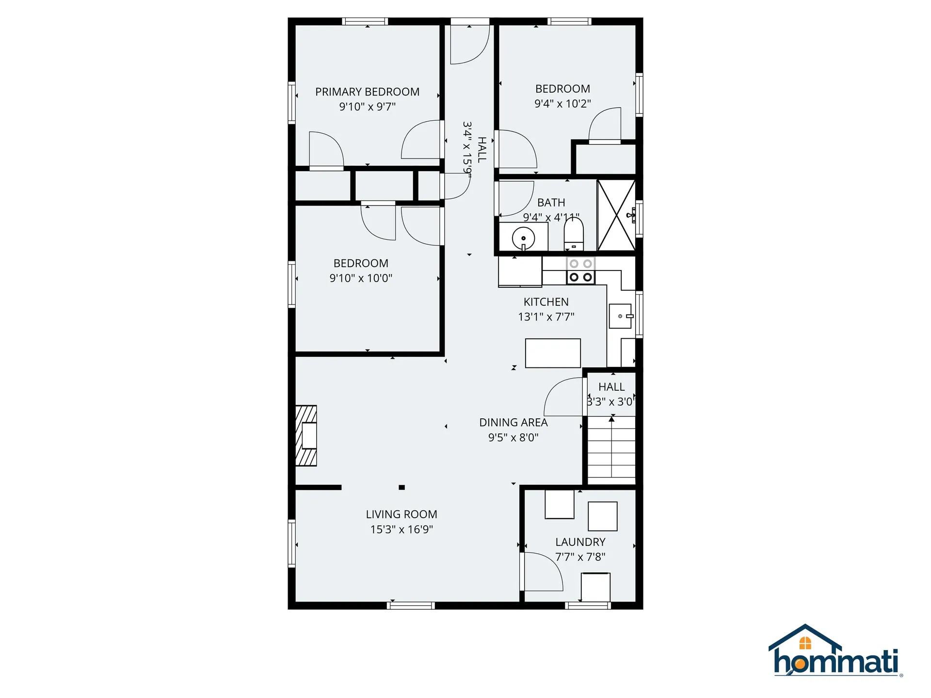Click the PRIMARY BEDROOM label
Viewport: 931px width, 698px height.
tap(367, 92)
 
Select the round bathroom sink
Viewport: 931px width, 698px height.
tap(523, 238)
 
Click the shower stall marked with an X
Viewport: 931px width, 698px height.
tap(616, 215)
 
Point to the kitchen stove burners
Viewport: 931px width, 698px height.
tap(580, 270)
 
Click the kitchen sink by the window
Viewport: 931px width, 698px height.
tap(620, 316)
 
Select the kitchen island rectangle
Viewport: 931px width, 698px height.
tap(553, 353)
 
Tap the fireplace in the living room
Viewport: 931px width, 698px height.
tap(306, 436)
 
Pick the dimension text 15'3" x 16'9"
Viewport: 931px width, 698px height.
tap(401, 529)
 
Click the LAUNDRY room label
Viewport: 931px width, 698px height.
tap(580, 542)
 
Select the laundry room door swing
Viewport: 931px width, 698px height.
tap(542, 572)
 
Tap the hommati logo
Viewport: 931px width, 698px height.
tap(835, 651)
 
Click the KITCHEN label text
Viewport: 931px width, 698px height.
tap(546, 302)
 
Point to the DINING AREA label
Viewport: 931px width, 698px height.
tap(514, 423)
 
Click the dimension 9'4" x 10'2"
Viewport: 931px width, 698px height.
tap(562, 104)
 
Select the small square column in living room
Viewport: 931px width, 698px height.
tap(401, 488)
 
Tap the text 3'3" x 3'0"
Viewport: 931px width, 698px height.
tap(610, 402)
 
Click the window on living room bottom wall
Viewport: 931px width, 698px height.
tap(410, 605)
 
